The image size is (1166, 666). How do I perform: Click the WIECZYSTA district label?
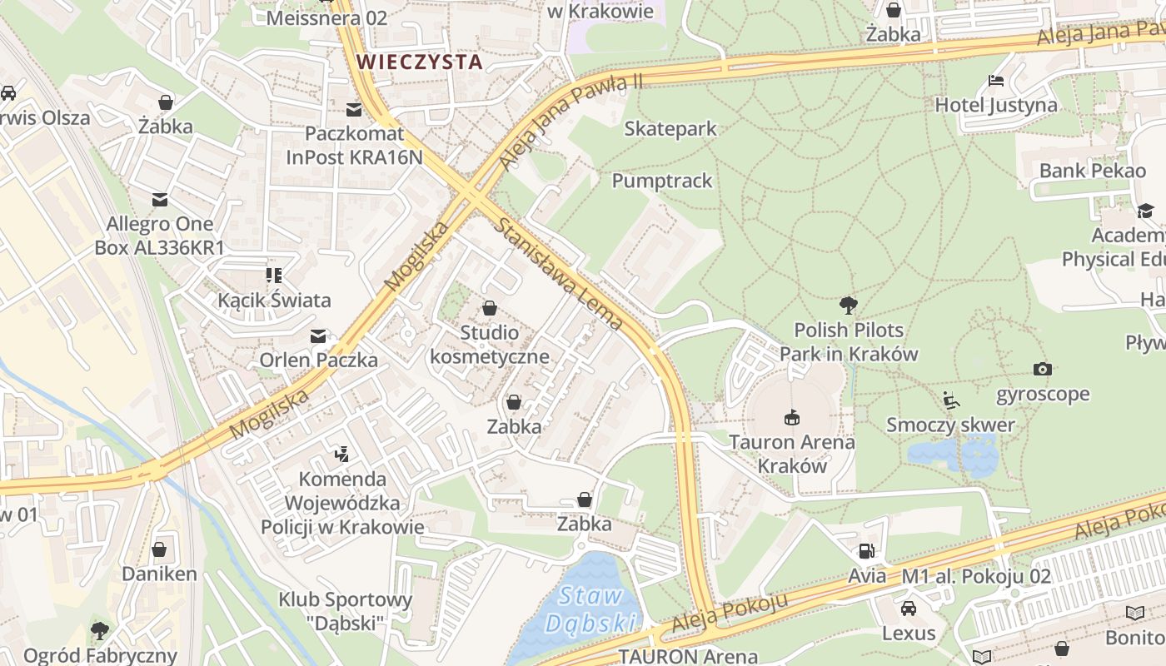coord(420,62)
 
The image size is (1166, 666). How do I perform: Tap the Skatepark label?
coord(670,129)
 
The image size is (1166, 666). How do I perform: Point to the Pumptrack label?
coord(662,181)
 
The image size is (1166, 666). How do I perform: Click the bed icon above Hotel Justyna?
coord(995,81)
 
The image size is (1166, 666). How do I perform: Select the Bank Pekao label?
coord(1092,171)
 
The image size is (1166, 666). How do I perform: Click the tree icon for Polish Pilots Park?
coord(849,305)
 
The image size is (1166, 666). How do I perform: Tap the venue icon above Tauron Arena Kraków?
coord(791,417)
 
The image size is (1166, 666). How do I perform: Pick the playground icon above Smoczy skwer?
coord(951,400)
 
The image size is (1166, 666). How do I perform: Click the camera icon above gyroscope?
coord(1042,369)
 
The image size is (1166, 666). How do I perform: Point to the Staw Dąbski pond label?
coord(591,609)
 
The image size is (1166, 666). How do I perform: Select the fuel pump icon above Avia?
coord(866,551)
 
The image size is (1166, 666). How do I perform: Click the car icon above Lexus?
coord(909,609)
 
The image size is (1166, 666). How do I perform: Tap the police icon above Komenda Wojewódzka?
coord(341,455)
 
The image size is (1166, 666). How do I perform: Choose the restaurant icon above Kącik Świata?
coord(274,276)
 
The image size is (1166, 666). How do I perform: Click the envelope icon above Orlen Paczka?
coord(318,336)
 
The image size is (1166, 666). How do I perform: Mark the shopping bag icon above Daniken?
coord(159,549)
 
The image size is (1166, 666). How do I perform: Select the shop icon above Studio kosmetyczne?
coord(490,308)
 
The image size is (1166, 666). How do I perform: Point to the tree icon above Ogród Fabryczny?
coord(100,630)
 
